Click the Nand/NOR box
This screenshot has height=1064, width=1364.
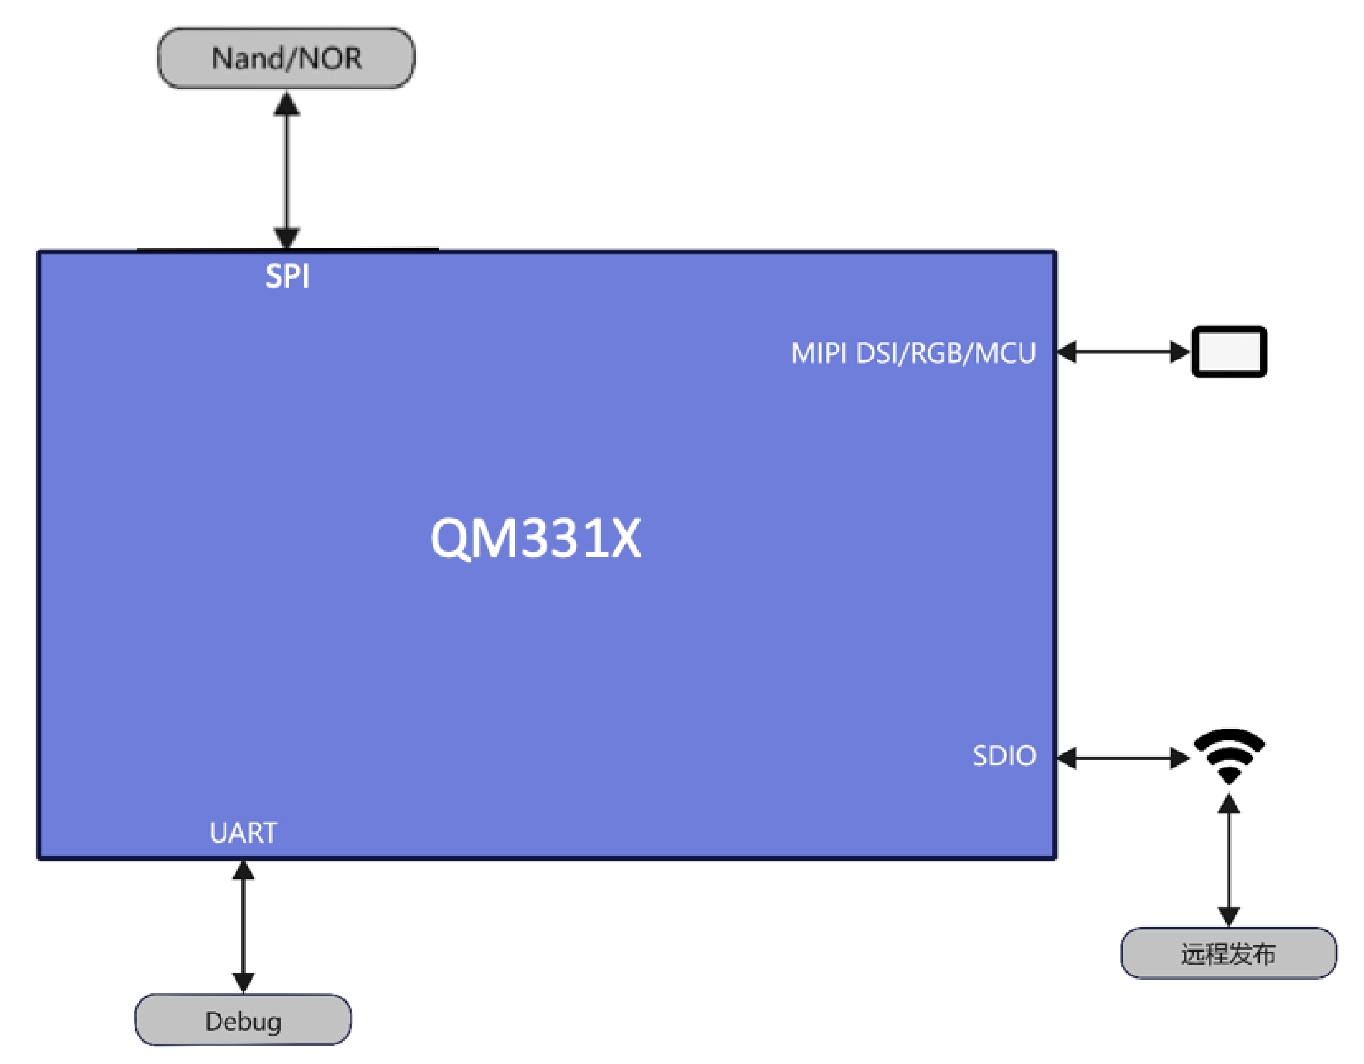pyautogui.click(x=286, y=58)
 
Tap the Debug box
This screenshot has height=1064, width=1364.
pyautogui.click(x=243, y=1021)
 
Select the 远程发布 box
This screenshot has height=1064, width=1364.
pyautogui.click(x=1228, y=954)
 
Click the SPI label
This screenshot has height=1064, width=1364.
pyautogui.click(x=287, y=276)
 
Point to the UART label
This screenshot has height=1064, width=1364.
pyautogui.click(x=243, y=833)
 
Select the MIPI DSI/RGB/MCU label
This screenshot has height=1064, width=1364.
pyautogui.click(x=913, y=354)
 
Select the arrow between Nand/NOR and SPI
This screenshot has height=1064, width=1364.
pyautogui.click(x=287, y=170)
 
